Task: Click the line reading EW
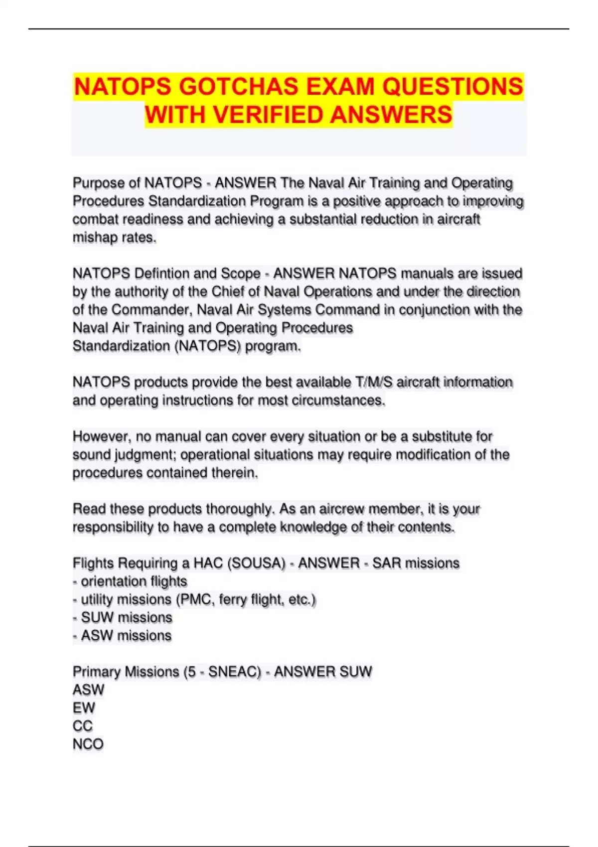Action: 84,708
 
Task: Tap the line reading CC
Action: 83,726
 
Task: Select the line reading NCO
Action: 88,744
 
